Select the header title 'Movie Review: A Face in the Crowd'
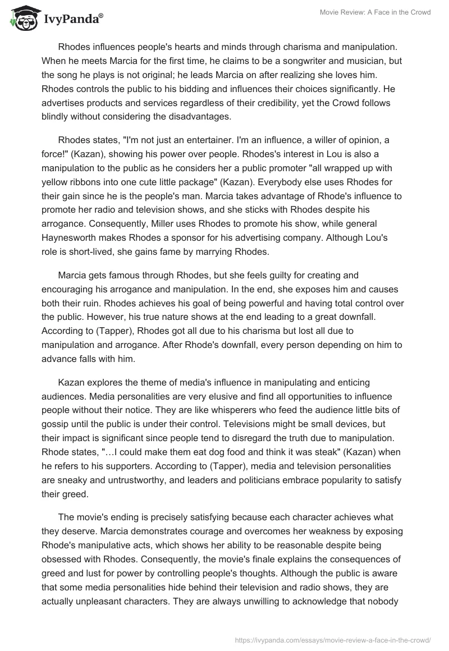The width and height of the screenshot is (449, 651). click(x=375, y=12)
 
